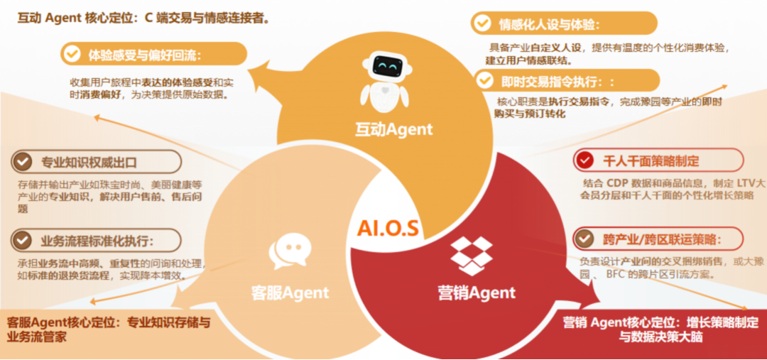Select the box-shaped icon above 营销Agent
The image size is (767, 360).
click(471, 256)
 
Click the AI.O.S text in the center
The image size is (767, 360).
click(388, 228)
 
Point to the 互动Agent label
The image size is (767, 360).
click(393, 129)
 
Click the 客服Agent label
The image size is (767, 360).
click(290, 293)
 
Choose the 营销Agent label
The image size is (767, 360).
click(477, 293)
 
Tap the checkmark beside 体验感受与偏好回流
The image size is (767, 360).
click(72, 54)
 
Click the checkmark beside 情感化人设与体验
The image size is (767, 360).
click(483, 23)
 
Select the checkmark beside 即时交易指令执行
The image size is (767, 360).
click(485, 80)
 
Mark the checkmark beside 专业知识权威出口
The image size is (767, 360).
click(21, 162)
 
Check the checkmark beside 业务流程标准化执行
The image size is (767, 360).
click(21, 240)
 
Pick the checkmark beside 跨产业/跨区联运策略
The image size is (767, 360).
click(583, 239)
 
